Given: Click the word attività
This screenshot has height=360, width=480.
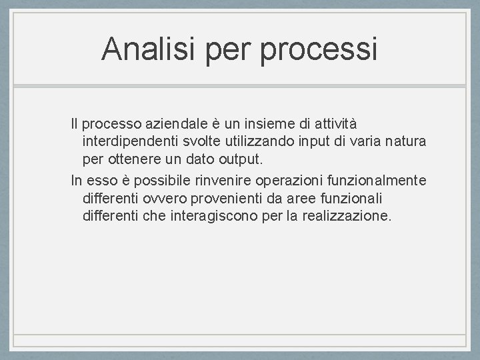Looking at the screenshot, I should pyautogui.click(x=335, y=124).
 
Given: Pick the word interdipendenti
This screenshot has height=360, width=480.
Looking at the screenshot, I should pyautogui.click(x=127, y=142).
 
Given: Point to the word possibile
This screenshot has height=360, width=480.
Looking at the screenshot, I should pyautogui.click(x=155, y=181).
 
